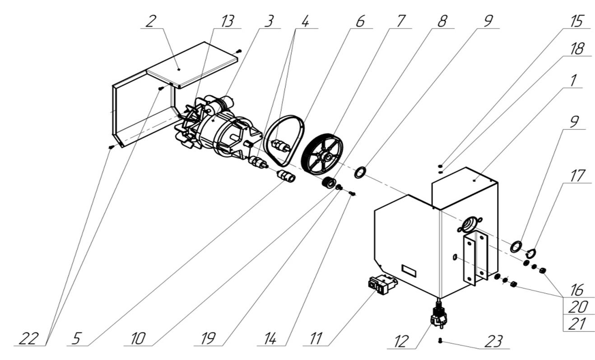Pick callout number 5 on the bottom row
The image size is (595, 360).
click(76, 338)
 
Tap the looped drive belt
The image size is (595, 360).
click(284, 140)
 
